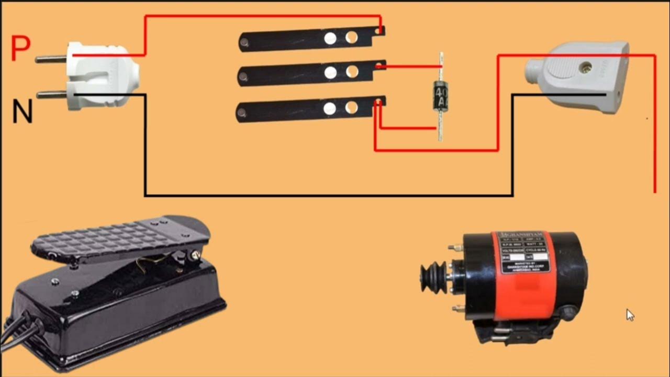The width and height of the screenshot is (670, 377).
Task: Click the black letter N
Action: pos(22,112)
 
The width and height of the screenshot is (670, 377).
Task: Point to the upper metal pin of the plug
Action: pos(50,58)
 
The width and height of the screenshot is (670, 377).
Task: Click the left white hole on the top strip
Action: pos(330,38)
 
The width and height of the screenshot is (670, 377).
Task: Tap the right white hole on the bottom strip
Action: pos(352,107)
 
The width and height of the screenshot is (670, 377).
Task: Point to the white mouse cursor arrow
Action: pos(630,314)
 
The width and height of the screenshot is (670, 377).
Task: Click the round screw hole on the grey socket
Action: pos(587,67)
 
